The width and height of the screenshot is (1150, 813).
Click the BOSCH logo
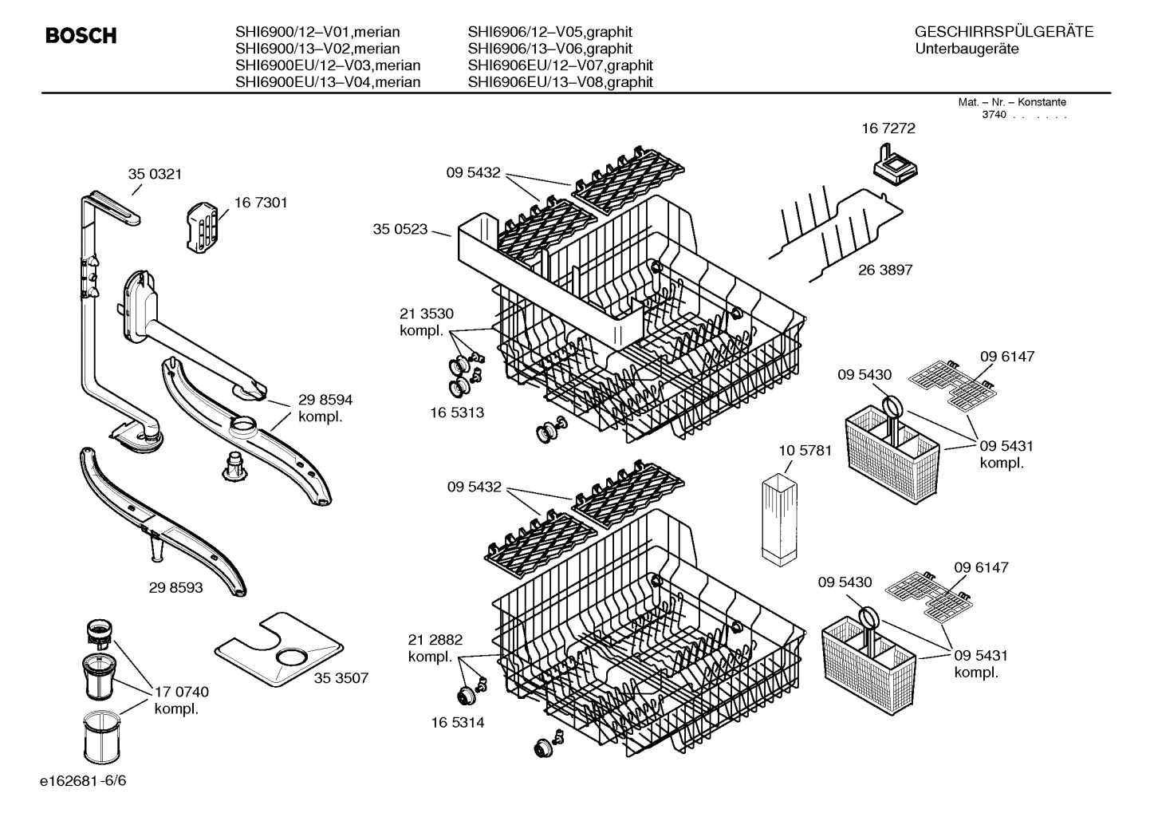pos(81,36)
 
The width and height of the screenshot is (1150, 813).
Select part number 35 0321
pos(155,174)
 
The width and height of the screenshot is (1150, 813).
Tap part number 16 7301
pos(261,203)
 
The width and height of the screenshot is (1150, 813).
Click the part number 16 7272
pos(888,128)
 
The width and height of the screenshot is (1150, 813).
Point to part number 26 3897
pos(885,270)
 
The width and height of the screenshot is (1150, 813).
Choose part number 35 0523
pos(400,229)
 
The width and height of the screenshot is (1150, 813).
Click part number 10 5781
pos(805,451)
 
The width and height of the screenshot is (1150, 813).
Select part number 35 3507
pos(341,678)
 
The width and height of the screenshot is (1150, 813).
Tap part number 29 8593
pos(175,588)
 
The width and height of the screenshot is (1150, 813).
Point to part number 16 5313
pos(457,412)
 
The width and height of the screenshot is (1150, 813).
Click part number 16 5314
pos(457,723)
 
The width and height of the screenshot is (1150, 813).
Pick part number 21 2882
pos(435,640)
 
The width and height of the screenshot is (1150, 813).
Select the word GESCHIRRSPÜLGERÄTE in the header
pos(1003,33)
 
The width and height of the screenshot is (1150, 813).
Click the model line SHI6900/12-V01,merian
pos(317,33)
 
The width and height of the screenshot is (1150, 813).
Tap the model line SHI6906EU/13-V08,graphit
pos(560,82)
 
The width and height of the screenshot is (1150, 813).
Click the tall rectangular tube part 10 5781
pos(779,521)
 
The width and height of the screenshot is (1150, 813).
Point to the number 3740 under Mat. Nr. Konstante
pos(994,115)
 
